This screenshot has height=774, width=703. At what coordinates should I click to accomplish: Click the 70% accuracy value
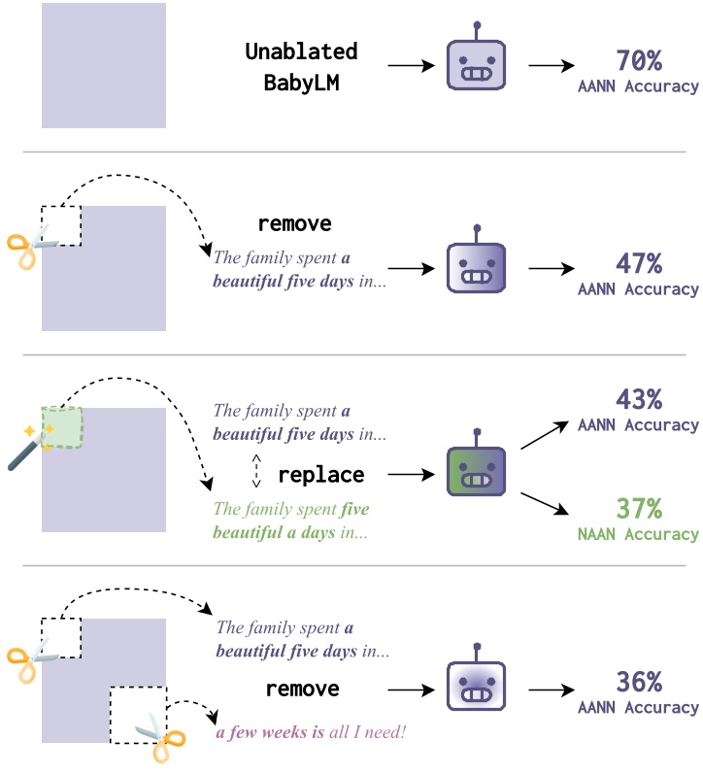(639, 60)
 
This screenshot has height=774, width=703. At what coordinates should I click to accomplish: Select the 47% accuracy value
(639, 263)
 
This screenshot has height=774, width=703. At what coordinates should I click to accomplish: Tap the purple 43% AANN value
(639, 399)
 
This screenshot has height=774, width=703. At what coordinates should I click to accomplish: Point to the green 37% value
(639, 508)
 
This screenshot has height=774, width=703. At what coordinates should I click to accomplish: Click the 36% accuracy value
(639, 682)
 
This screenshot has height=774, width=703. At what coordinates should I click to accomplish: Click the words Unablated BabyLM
(301, 66)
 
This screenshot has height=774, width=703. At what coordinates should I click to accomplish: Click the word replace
(321, 475)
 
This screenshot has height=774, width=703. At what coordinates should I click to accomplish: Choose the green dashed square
(61, 427)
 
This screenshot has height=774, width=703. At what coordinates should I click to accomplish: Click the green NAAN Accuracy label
(638, 533)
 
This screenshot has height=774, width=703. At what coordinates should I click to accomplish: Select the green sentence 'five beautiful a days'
(291, 521)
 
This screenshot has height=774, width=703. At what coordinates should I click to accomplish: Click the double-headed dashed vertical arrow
(256, 470)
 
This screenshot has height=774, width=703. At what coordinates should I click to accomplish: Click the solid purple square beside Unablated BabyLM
(104, 65)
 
